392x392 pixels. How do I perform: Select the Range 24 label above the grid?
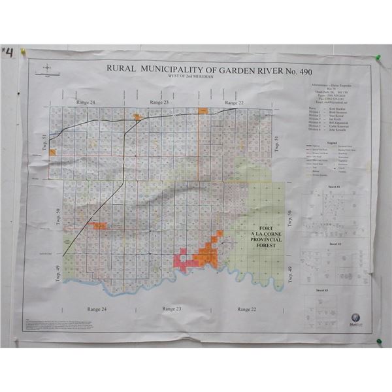click(84, 103)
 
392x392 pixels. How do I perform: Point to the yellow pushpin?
click(22, 50)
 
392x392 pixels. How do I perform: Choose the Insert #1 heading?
click(335, 186)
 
